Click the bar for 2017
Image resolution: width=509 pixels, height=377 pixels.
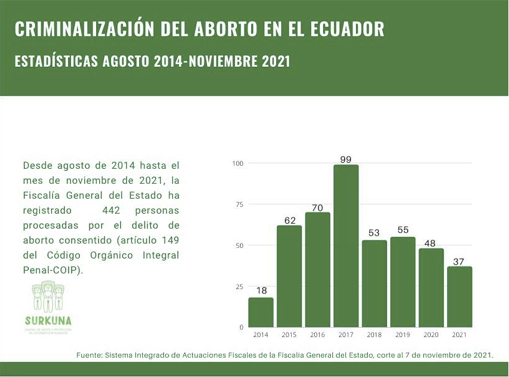346,246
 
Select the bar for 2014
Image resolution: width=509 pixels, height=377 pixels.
260,312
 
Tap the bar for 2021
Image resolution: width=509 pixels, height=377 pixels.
460,297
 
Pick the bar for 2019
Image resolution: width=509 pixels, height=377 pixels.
403,282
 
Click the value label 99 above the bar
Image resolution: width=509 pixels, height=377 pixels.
346,158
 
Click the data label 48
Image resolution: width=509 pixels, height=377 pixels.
431,243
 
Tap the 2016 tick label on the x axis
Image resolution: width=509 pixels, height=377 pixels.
317,334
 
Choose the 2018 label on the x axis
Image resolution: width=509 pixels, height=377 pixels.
374,334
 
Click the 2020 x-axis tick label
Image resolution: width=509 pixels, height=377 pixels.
431,334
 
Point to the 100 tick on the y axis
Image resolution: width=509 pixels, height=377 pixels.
238,163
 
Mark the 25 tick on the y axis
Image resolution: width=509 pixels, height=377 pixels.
239,286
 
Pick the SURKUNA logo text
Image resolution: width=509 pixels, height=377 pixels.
49,319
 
